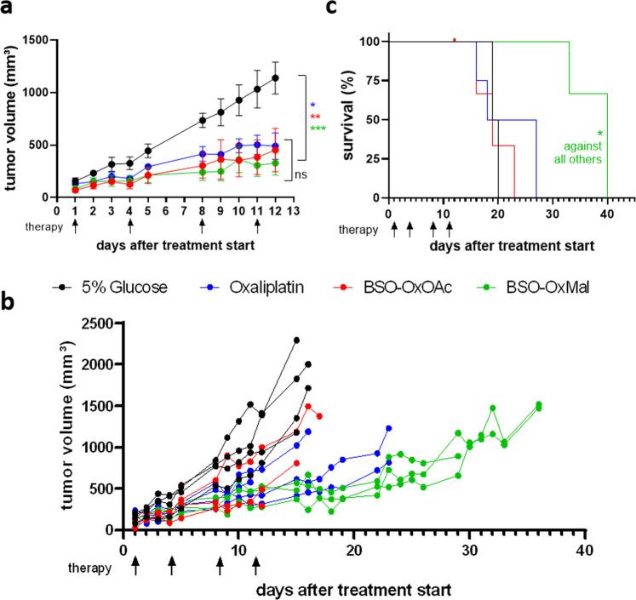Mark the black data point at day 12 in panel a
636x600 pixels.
pos(275,78)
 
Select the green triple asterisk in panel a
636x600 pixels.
pos(318,129)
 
